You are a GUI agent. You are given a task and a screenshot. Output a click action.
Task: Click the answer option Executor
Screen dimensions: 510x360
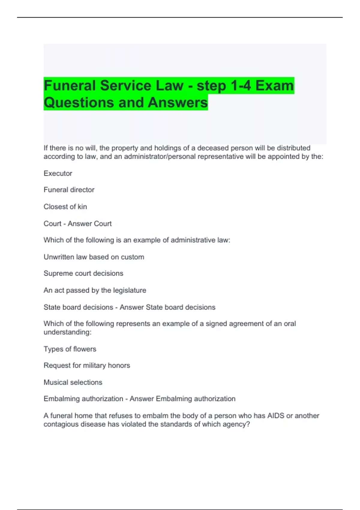pos(58,173)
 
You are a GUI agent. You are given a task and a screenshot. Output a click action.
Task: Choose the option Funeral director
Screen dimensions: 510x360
pos(69,190)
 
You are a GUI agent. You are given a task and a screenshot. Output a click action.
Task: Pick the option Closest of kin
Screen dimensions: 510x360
pos(65,207)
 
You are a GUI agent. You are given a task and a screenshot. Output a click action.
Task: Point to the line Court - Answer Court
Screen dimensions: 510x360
pos(77,224)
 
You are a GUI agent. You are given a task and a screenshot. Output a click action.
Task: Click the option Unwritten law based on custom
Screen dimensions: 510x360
pos(94,257)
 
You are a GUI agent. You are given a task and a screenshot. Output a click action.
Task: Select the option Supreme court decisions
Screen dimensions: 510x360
pos(83,274)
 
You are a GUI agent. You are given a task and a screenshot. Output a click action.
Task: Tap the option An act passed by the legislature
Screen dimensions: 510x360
pos(95,290)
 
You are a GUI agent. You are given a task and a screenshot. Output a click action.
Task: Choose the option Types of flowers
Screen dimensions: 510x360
pos(70,349)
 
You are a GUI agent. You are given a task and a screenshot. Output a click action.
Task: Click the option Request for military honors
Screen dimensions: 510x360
pos(87,366)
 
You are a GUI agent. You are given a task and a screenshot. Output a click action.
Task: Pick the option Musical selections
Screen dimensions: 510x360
pos(73,382)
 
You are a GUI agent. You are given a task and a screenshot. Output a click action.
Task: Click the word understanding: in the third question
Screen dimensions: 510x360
pos(67,332)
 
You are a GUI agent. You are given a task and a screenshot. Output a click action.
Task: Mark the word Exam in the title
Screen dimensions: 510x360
pos(274,86)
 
